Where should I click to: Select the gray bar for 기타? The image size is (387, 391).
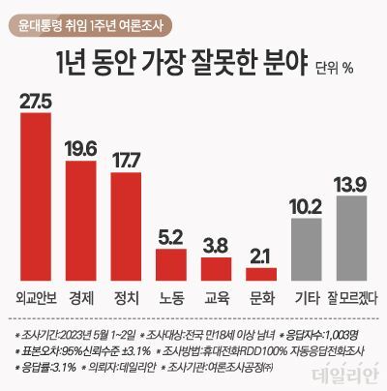click(308, 249)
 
